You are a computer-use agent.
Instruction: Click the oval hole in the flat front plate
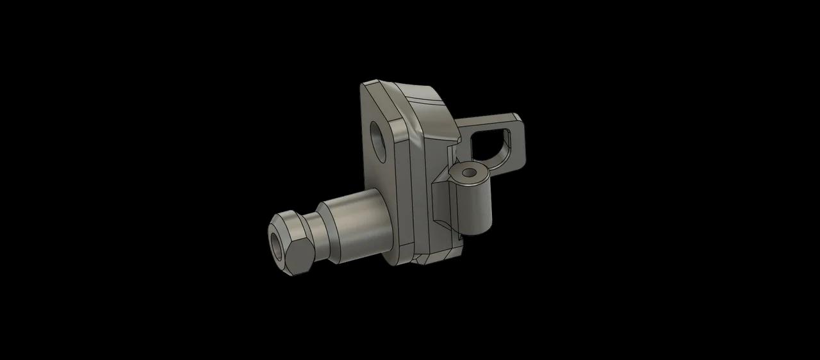pos(379,138)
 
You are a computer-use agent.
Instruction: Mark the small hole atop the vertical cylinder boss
pos(470,172)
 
